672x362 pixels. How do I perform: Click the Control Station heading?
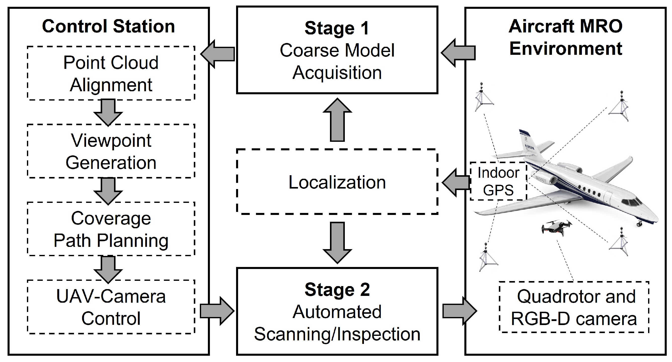108,27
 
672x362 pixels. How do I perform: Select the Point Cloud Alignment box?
111,73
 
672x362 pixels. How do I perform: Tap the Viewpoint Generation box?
111,151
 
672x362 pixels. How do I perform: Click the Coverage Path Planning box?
111,229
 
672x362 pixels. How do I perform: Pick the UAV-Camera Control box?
111,307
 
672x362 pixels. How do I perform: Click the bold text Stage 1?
337,28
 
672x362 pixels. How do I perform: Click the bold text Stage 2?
337,290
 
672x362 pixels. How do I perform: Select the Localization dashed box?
337,182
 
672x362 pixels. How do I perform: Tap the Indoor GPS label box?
498,182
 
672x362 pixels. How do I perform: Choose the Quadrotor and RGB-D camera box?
574,307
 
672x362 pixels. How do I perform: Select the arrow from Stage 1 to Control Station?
218,54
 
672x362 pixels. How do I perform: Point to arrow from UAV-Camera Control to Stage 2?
217,311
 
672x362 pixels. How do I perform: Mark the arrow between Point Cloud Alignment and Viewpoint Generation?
108,112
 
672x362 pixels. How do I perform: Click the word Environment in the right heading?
566,49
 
